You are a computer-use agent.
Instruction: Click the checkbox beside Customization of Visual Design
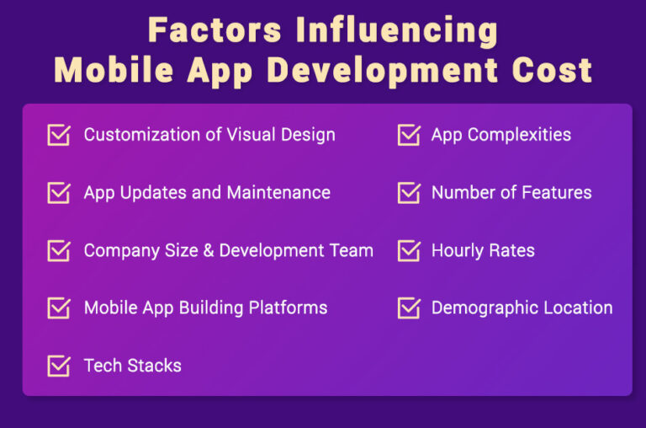click(58, 136)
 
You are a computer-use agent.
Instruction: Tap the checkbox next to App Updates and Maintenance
click(58, 193)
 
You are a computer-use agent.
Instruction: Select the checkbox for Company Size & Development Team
click(58, 251)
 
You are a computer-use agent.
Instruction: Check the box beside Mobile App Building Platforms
click(58, 308)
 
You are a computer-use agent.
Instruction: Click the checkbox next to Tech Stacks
click(58, 366)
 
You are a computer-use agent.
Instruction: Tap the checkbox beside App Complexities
click(408, 136)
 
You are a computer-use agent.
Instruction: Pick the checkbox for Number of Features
click(408, 193)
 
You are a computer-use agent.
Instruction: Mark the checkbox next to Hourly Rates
click(408, 251)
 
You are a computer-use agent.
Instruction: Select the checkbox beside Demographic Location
click(408, 308)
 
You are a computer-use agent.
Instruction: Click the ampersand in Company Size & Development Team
click(209, 250)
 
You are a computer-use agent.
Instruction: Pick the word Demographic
click(485, 308)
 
